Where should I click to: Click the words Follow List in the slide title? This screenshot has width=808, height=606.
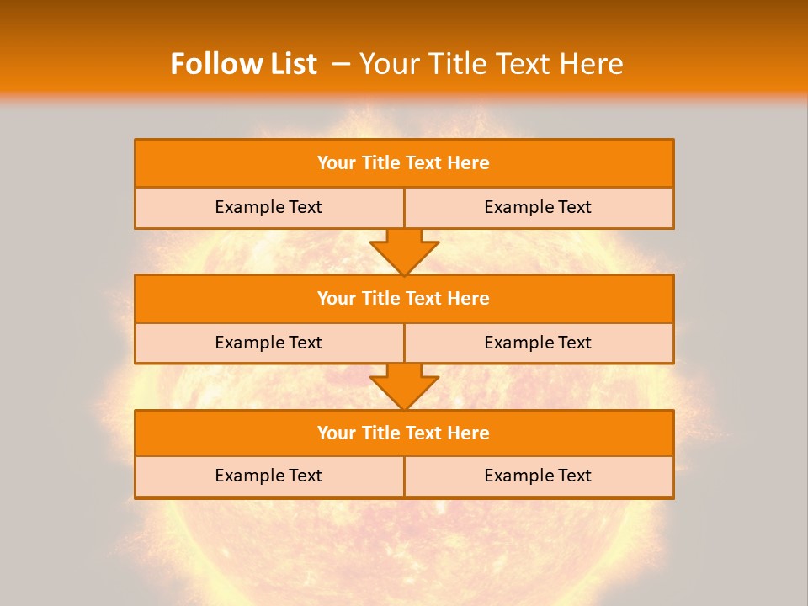(243, 64)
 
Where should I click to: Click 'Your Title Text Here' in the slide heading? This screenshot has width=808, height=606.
(492, 64)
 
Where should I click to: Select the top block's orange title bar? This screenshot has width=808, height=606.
(404, 163)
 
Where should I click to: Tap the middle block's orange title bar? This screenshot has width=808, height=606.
(404, 298)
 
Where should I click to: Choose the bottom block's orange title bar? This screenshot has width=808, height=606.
(404, 433)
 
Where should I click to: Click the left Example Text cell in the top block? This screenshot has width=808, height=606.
(269, 207)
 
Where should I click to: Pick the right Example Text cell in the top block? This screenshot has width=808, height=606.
(539, 207)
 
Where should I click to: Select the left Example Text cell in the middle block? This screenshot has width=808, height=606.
(269, 343)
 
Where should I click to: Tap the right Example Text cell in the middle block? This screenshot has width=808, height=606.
(539, 343)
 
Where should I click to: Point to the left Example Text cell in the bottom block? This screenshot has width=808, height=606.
(269, 476)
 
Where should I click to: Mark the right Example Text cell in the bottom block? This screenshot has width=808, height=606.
(539, 476)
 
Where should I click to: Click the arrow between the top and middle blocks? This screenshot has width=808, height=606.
(404, 251)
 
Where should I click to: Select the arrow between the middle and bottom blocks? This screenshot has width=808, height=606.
(404, 386)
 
